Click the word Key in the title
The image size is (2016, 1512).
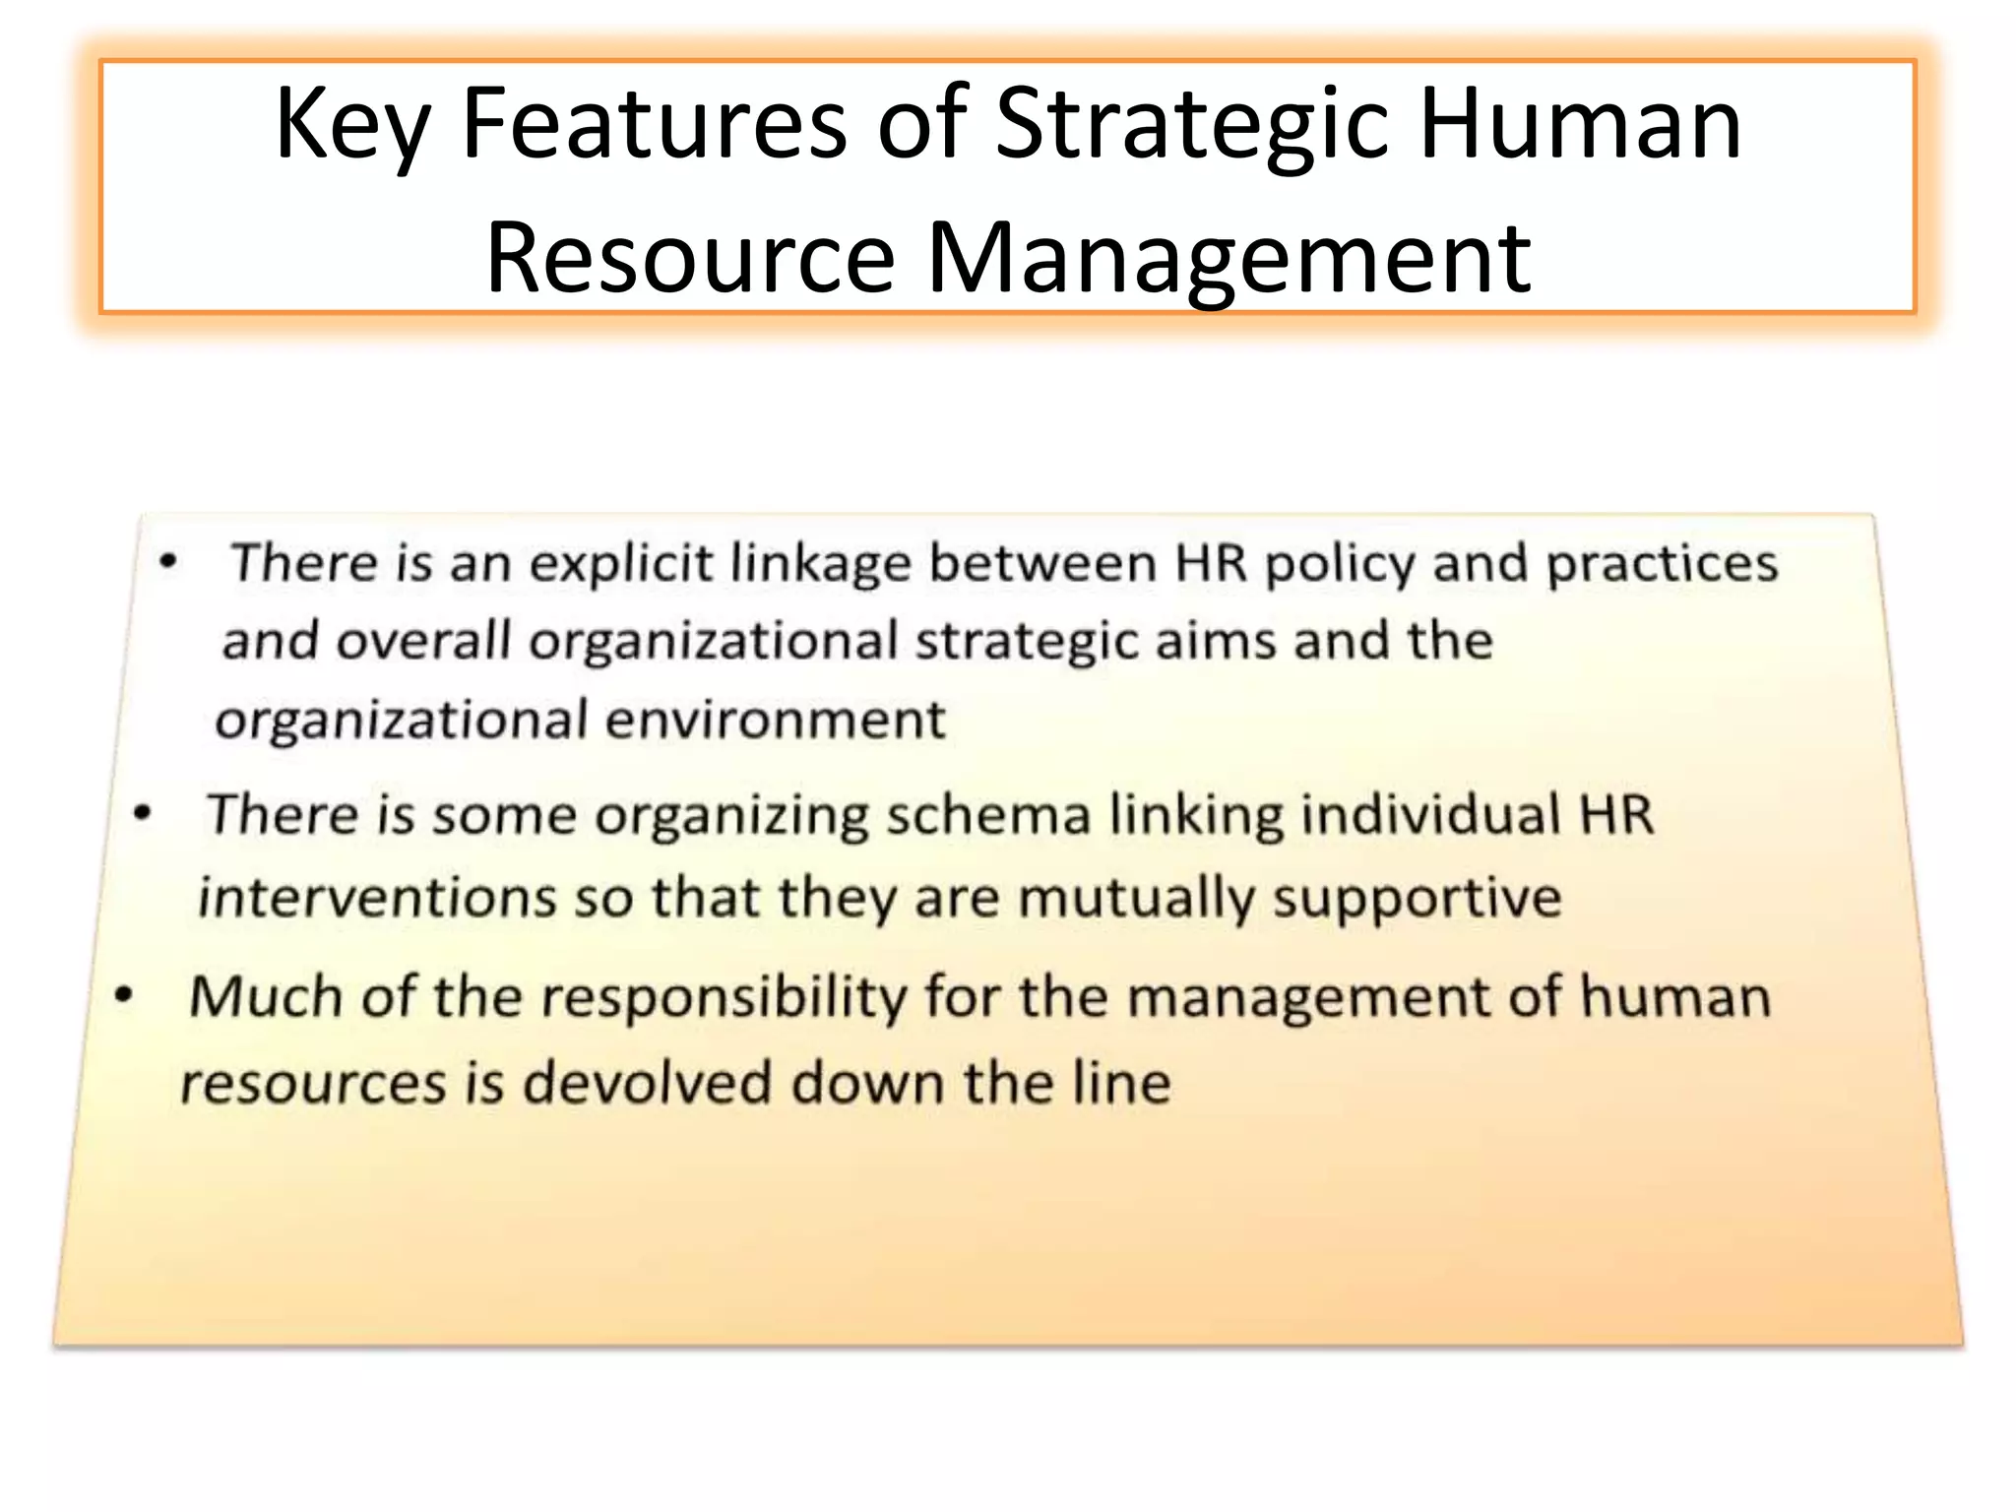coord(352,126)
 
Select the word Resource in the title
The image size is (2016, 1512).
coord(690,257)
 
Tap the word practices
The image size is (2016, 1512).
coord(1663,565)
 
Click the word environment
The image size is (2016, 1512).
coord(776,720)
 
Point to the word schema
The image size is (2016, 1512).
coord(988,815)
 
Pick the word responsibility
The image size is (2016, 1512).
coord(724,998)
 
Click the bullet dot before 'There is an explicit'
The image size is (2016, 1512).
coord(169,562)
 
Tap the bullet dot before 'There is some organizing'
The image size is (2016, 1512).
coord(144,814)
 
